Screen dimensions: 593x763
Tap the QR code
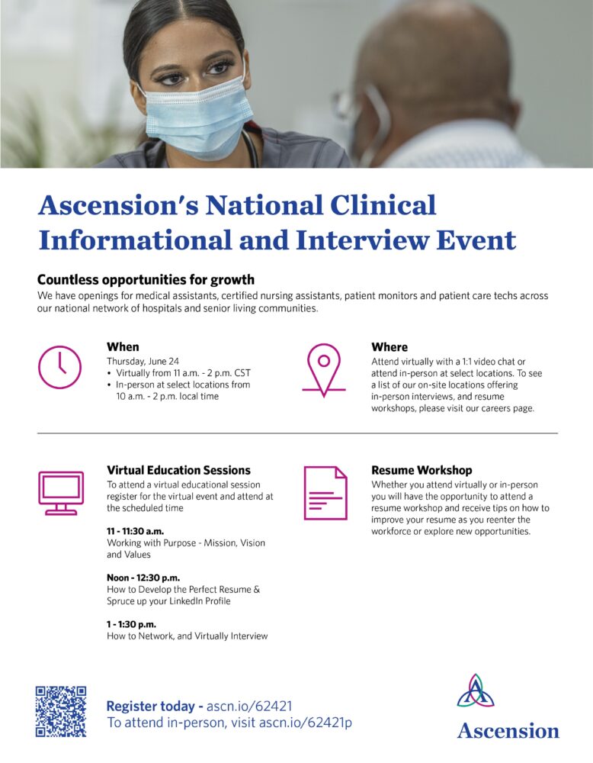(61, 711)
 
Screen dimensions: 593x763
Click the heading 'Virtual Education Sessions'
(179, 470)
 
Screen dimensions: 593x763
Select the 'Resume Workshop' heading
(422, 470)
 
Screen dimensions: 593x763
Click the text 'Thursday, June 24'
(143, 361)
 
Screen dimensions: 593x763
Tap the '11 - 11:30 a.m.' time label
(135, 531)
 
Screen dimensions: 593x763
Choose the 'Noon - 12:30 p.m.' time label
(143, 578)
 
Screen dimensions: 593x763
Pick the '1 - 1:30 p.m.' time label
(131, 624)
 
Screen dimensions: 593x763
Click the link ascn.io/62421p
(305, 723)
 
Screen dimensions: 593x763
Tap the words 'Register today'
(151, 706)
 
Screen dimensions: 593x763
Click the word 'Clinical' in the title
(383, 204)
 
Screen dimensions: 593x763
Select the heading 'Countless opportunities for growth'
(146, 280)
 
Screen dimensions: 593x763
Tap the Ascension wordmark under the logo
(508, 731)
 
